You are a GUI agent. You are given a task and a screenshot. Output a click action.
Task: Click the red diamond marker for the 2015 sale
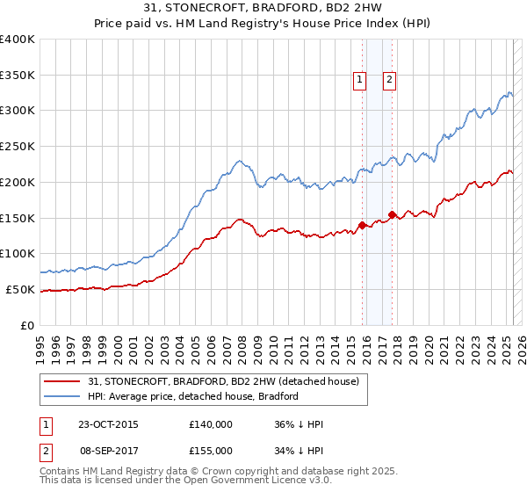(362, 225)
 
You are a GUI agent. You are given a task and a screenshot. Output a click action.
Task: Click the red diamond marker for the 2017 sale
(392, 213)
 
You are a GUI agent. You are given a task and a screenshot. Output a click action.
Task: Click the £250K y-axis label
(18, 146)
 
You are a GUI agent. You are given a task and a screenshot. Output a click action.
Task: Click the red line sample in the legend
(62, 381)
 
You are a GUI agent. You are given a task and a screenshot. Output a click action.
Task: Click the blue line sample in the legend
(62, 396)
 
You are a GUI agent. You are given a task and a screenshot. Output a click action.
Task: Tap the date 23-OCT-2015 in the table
(108, 424)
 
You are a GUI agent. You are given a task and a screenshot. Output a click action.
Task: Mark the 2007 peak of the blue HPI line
(238, 161)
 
